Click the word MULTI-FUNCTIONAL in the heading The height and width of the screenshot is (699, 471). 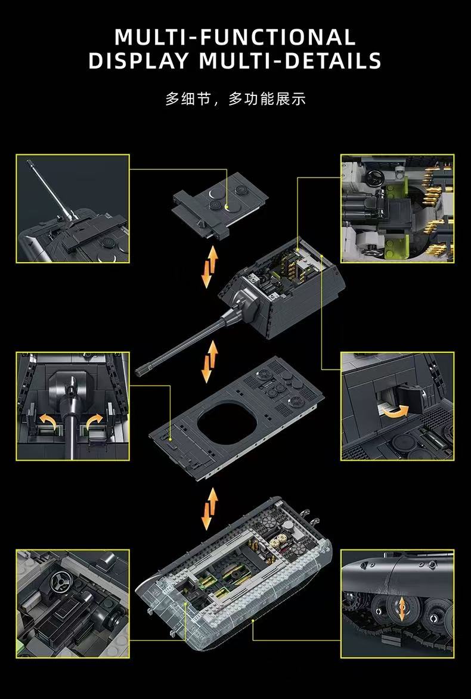235,38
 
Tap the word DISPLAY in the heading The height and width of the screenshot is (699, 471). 139,61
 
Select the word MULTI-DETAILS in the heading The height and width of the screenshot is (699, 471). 290,61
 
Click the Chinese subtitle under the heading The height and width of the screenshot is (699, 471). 235,98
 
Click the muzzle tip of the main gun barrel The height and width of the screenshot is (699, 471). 141,369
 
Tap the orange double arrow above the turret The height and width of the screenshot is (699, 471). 209,266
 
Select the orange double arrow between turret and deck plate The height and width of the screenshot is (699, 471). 209,362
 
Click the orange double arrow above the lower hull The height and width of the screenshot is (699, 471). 209,509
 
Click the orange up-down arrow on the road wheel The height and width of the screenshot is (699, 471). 402,610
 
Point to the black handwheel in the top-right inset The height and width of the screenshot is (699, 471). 375,178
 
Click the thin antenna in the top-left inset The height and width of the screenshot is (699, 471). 48,189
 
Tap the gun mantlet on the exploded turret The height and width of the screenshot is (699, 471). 246,303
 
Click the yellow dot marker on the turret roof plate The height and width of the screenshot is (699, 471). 228,206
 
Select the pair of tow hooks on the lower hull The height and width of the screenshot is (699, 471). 311,515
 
